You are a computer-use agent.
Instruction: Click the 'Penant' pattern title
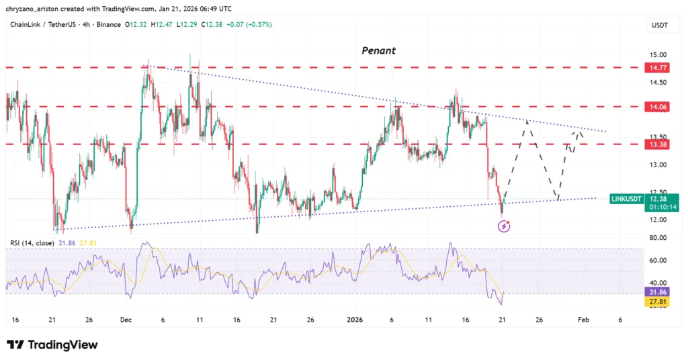tap(378, 50)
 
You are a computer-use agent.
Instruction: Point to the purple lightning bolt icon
tap(504, 227)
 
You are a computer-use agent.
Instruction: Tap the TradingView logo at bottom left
tap(52, 345)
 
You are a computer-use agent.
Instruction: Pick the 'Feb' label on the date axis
tap(585, 320)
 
